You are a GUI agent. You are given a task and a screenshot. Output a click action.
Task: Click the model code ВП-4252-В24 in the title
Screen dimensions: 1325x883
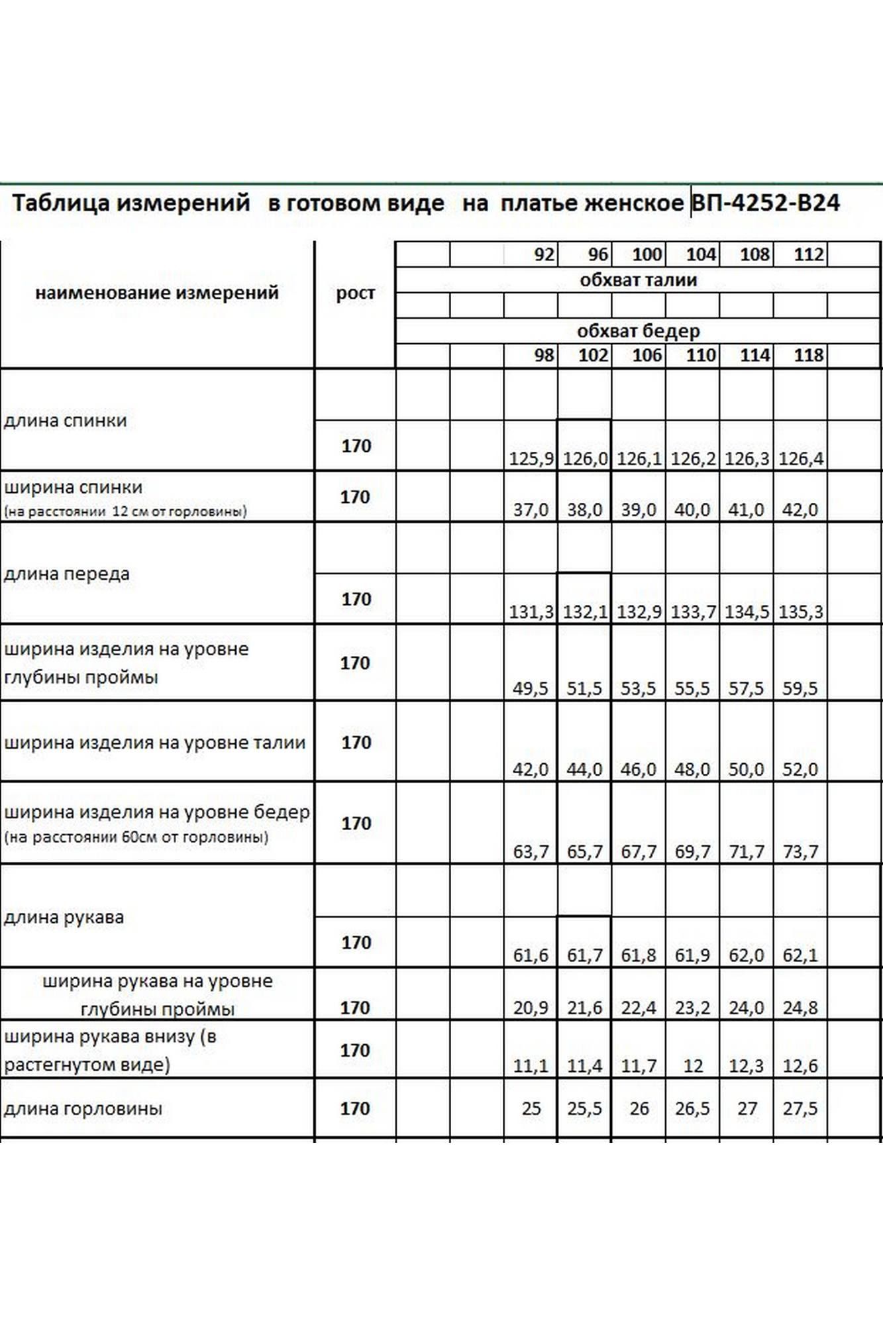click(765, 203)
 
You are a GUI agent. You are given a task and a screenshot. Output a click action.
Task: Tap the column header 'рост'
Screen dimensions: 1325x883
click(355, 293)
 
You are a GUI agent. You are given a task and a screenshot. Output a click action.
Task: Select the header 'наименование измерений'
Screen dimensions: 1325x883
click(156, 293)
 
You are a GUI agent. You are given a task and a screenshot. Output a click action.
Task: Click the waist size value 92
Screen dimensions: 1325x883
click(543, 254)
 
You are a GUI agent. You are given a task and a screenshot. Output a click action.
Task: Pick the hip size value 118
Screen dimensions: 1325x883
click(808, 356)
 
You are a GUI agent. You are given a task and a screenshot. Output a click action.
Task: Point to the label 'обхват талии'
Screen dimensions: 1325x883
click(638, 280)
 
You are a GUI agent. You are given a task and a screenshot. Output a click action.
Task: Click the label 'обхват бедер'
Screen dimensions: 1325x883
click(638, 331)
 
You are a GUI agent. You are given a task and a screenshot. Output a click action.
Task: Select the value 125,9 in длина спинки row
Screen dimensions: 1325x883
click(531, 458)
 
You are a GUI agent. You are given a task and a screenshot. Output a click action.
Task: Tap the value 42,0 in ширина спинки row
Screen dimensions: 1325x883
click(800, 509)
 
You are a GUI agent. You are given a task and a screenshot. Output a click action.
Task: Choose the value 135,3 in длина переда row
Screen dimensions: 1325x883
click(800, 611)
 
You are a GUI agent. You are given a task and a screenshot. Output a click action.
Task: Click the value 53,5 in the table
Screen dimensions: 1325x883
click(638, 689)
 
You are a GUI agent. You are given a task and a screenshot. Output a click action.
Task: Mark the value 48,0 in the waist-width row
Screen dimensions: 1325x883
click(692, 769)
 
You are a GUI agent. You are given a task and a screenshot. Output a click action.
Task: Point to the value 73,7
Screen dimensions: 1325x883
click(800, 851)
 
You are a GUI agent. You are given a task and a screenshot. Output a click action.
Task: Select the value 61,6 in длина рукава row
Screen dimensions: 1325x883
click(531, 955)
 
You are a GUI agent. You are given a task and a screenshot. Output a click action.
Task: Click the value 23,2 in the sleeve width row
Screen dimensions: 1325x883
click(692, 1008)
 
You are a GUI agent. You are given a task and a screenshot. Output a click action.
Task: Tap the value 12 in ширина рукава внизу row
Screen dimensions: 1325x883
click(692, 1066)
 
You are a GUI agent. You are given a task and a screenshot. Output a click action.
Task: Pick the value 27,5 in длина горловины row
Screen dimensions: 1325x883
click(800, 1108)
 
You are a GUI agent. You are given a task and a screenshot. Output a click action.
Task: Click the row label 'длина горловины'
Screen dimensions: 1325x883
click(83, 1108)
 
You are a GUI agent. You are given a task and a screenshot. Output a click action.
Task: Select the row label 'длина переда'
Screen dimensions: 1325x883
click(66, 574)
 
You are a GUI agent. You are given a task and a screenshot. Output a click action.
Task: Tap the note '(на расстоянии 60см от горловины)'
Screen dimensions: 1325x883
click(136, 837)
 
